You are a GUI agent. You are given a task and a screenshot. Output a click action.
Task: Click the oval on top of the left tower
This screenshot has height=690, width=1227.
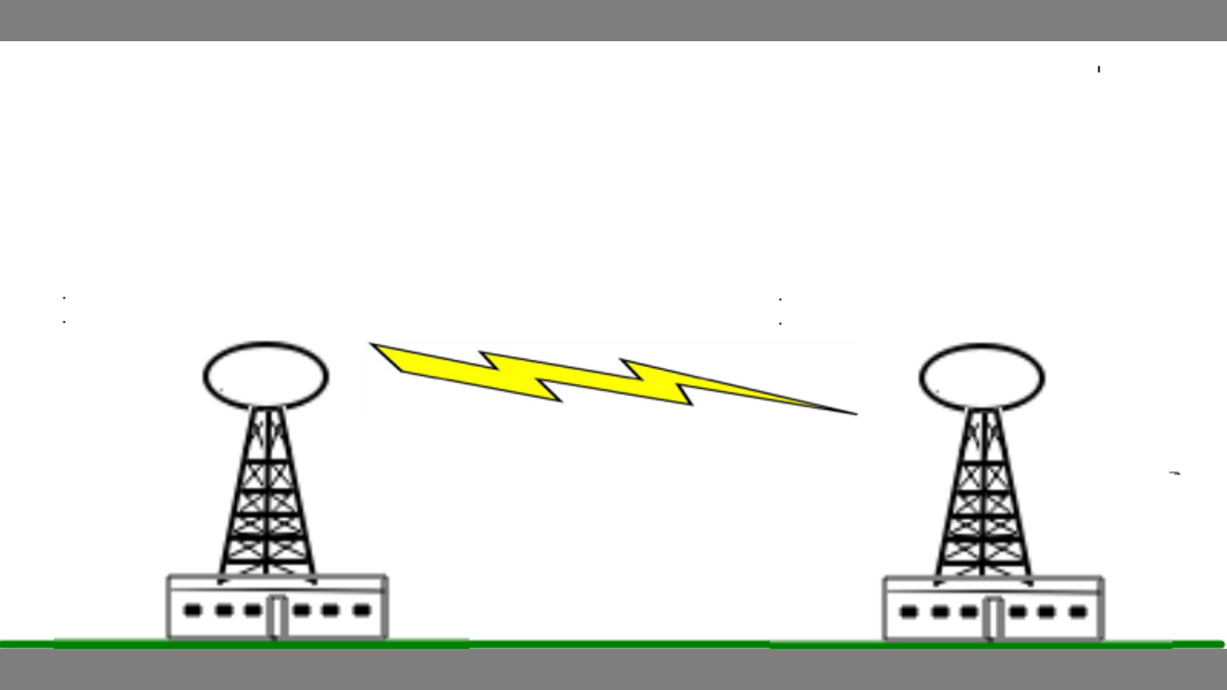pyautogui.click(x=266, y=376)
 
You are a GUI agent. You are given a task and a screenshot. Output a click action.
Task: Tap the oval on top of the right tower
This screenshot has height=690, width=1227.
pyautogui.click(x=982, y=377)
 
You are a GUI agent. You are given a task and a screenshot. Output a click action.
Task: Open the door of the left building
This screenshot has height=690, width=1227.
pyautogui.click(x=277, y=616)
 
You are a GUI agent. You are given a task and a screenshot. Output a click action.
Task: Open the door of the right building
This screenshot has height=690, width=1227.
pyautogui.click(x=993, y=617)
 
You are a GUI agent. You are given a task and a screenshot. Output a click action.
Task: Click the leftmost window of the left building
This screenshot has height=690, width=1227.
pyautogui.click(x=193, y=610)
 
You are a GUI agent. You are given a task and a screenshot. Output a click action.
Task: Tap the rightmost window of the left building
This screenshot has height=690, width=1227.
pyautogui.click(x=361, y=610)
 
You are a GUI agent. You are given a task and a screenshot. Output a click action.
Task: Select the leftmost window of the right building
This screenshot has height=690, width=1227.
pyautogui.click(x=909, y=611)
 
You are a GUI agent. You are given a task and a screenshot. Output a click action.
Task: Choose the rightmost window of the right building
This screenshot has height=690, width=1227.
pyautogui.click(x=1077, y=611)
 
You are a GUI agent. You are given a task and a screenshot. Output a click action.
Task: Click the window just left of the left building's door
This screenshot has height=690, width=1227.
pyautogui.click(x=253, y=610)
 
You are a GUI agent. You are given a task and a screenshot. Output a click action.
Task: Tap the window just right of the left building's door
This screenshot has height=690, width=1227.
pyautogui.click(x=301, y=610)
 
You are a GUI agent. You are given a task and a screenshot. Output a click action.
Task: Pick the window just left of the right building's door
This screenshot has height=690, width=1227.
pyautogui.click(x=969, y=611)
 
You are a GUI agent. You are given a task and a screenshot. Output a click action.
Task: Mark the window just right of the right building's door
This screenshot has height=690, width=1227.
pyautogui.click(x=1017, y=611)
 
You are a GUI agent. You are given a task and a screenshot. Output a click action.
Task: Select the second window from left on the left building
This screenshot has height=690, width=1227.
pyautogui.click(x=223, y=610)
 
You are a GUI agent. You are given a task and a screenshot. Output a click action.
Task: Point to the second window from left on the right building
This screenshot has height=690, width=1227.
pyautogui.click(x=939, y=611)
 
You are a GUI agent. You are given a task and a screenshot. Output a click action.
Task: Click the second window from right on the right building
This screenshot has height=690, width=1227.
pyautogui.click(x=1047, y=611)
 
